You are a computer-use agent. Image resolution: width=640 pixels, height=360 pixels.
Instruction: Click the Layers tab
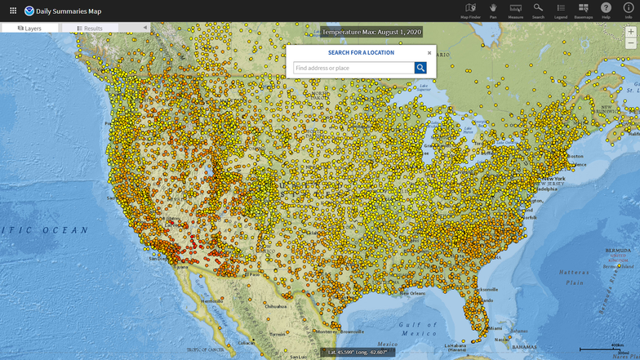[x=29, y=28]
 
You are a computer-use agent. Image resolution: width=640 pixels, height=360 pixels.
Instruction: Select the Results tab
[x=90, y=28]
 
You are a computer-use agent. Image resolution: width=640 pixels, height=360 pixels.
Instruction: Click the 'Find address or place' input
[x=353, y=68]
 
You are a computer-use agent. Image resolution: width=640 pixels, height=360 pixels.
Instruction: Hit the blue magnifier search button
[x=420, y=68]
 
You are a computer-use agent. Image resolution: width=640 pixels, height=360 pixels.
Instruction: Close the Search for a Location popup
[x=429, y=53]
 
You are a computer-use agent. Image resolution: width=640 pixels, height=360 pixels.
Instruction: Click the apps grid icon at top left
[x=12, y=11]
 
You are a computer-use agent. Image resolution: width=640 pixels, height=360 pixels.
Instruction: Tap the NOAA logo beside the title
[x=29, y=11]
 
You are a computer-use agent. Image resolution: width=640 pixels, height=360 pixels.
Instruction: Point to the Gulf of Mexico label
[x=419, y=329]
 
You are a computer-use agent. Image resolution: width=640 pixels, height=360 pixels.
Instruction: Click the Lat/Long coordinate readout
[x=359, y=352]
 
